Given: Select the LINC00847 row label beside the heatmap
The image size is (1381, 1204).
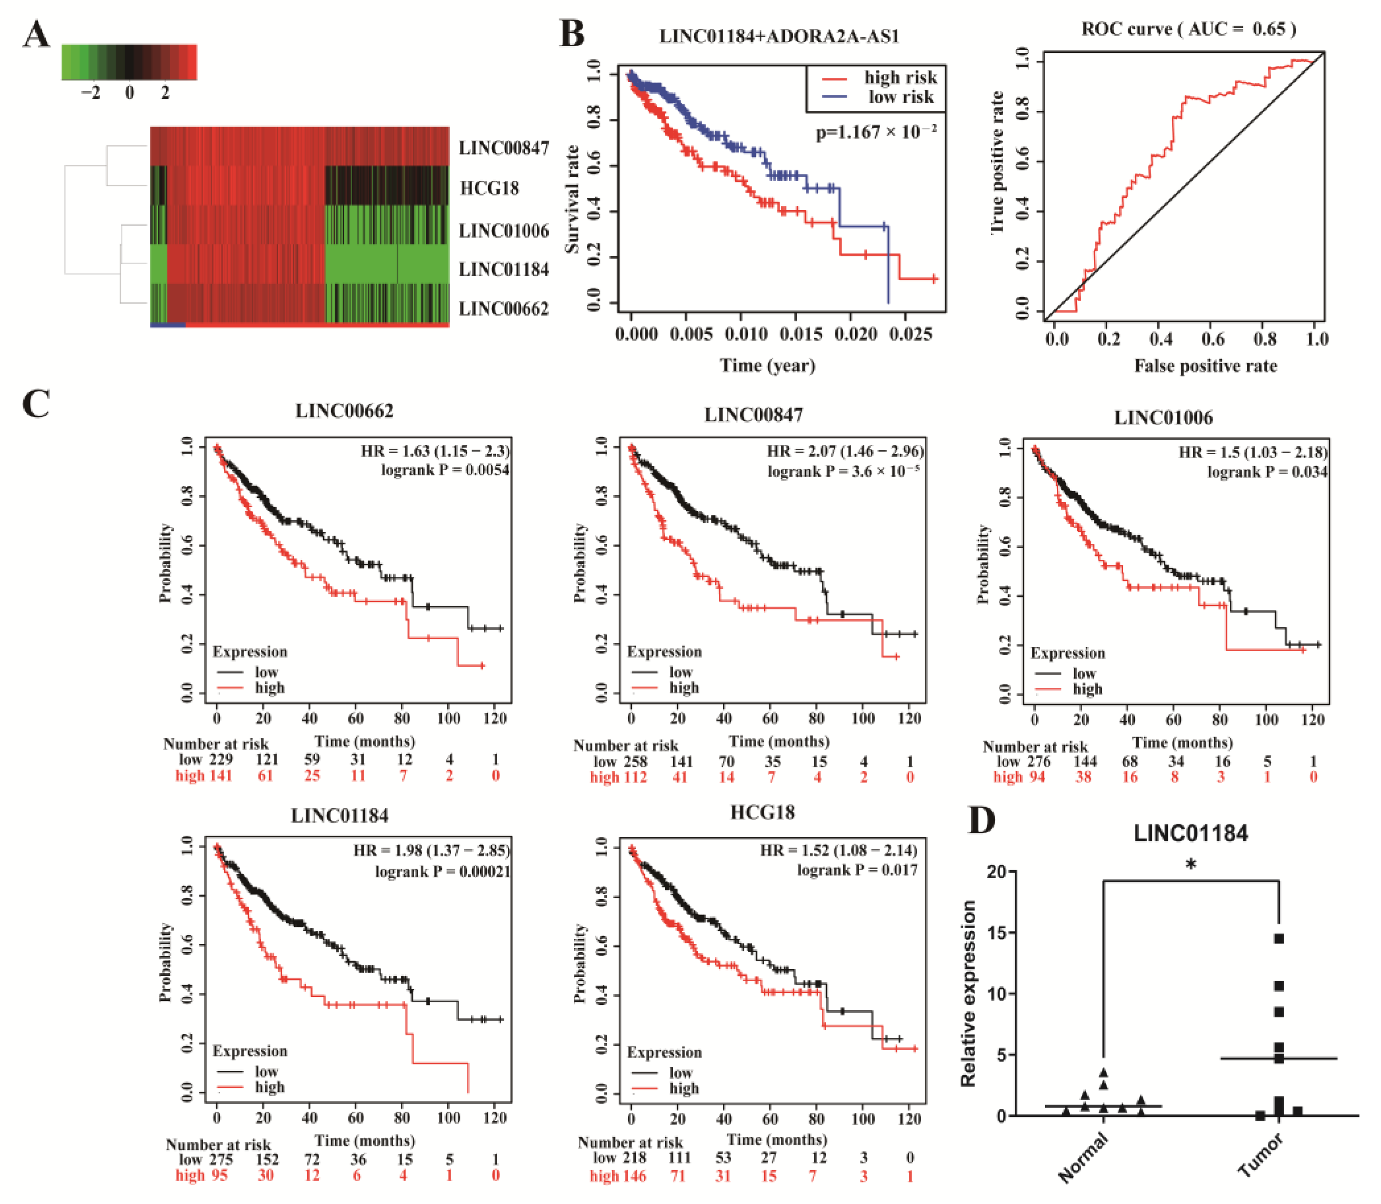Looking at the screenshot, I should pos(504,148).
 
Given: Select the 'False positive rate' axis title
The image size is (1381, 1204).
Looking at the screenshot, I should pos(1206,366).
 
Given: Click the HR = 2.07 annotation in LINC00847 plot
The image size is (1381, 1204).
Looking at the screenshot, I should pos(845,451).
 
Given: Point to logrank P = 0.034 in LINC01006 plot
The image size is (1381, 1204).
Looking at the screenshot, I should pos(1267,472).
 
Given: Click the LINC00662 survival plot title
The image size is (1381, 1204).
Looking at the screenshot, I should pos(344,411).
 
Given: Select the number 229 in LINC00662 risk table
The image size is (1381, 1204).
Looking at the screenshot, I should pos(220,759).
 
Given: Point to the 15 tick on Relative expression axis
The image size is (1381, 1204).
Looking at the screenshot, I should pos(998,933).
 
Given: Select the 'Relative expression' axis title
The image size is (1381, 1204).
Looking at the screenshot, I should pos(968,994).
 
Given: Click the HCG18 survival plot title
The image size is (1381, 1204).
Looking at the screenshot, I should pos(762,812).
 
